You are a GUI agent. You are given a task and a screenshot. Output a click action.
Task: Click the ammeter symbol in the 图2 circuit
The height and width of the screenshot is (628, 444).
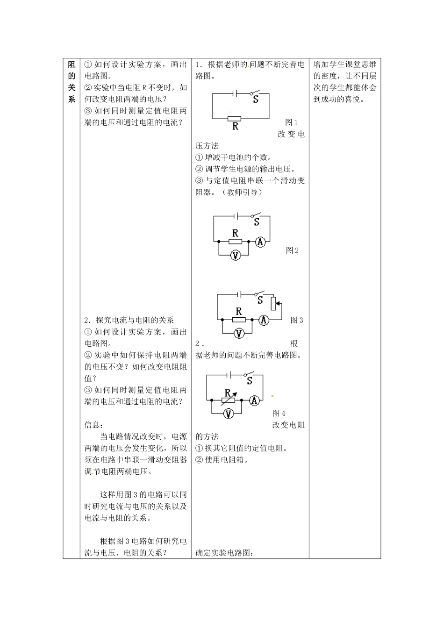tap(260, 242)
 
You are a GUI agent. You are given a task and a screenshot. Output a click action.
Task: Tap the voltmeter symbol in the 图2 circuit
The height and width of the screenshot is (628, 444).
tap(236, 255)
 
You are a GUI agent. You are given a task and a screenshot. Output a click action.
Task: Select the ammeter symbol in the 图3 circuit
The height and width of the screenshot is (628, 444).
tap(264, 320)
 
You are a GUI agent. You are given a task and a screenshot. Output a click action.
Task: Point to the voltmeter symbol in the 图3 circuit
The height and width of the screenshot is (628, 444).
tap(239, 333)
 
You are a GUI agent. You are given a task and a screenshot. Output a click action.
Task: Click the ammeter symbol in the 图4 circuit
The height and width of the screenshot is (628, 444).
tap(254, 400)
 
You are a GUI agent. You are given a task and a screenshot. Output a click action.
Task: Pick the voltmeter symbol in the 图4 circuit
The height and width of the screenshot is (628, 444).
tap(228, 414)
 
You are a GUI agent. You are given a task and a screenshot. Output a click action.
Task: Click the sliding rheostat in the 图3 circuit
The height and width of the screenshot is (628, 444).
tap(274, 303)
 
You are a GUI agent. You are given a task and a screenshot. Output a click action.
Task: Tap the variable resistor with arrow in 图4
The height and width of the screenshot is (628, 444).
tap(229, 400)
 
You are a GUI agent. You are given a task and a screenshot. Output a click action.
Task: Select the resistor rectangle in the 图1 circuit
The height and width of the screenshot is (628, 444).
tap(235, 119)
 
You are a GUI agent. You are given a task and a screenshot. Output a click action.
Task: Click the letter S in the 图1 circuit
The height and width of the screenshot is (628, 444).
tap(256, 99)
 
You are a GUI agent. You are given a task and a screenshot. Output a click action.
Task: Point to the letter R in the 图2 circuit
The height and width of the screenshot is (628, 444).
tap(235, 233)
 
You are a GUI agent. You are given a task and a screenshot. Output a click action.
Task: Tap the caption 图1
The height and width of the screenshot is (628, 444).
tap(291, 122)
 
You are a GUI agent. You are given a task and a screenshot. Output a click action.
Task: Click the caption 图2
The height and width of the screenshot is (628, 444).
tap(292, 250)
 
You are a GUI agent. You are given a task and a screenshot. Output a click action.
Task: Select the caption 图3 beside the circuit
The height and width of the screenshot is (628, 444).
tap(297, 320)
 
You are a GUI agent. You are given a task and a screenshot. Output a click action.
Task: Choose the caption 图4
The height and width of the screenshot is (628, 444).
tap(279, 414)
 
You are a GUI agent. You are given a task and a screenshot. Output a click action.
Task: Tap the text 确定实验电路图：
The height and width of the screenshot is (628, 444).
tap(224, 553)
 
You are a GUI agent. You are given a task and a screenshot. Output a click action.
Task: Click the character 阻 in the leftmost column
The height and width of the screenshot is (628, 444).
tap(72, 65)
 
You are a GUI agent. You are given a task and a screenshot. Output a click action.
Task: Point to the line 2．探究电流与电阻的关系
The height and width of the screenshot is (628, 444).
tap(129, 320)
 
